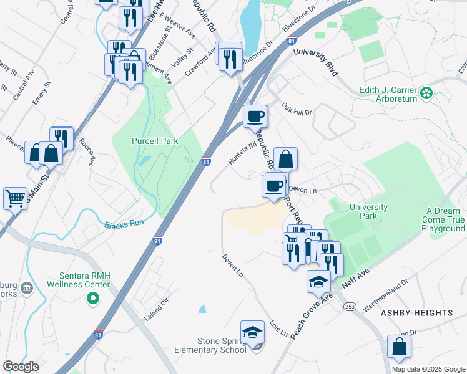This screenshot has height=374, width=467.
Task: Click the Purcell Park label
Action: tap(154, 141)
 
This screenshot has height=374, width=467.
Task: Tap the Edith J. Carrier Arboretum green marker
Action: tap(426, 93)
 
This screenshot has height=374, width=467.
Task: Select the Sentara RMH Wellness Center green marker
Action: tap(93, 299)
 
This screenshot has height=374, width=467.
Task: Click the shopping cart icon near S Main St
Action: tap(15, 198)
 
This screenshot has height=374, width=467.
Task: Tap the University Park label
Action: tap(368, 211)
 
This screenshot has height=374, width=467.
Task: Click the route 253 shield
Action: tap(350, 306)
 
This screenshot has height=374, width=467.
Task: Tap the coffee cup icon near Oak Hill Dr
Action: tap(255, 116)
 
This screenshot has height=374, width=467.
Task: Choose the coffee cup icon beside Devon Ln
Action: tap(274, 186)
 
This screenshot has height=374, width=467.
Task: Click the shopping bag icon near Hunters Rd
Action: tap(285, 159)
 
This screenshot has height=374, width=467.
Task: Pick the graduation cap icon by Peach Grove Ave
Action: tap(318, 282)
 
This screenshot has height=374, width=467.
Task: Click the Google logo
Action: tap(21, 367)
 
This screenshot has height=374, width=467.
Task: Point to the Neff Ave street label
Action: tap(355, 278)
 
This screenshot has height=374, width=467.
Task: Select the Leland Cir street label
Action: tap(157, 308)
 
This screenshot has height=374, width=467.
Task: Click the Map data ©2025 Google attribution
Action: tap(428, 369)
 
